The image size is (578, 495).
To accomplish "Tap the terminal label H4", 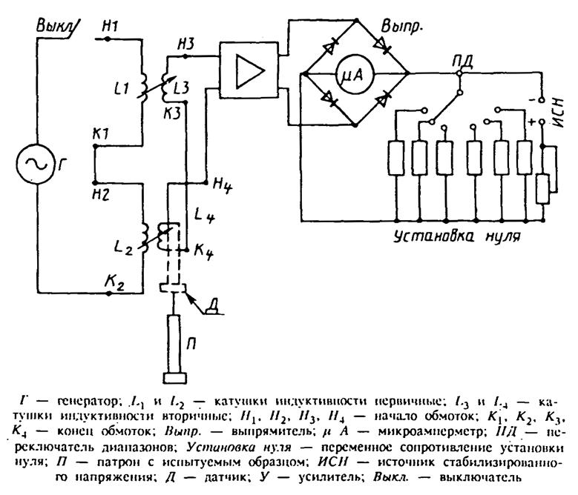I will [223, 182].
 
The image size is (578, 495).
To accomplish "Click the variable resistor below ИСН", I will [545, 188].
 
